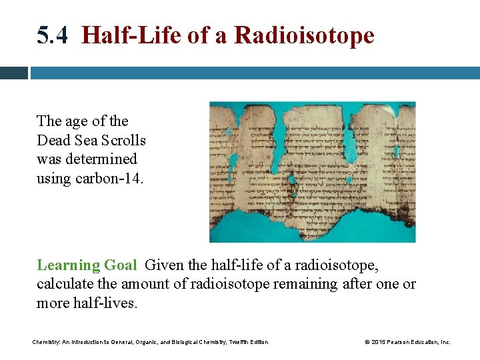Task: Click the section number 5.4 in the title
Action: [x=52, y=36]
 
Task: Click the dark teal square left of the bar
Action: [x=13, y=73]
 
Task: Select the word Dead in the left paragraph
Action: [x=53, y=140]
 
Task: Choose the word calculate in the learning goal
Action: [x=63, y=284]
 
